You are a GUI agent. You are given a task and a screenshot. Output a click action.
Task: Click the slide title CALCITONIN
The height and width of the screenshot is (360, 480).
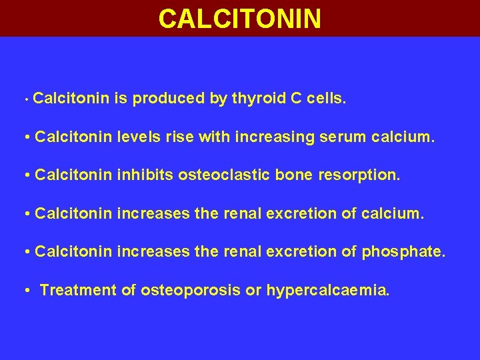(x=240, y=18)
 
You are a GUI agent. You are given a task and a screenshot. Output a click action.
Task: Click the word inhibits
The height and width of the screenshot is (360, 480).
(x=139, y=176)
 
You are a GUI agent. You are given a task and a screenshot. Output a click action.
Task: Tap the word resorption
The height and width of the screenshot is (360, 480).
(x=363, y=177)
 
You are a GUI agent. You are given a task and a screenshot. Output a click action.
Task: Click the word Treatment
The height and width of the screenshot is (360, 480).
(x=79, y=290)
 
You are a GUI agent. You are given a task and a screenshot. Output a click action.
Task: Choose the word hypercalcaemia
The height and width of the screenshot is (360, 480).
(x=327, y=291)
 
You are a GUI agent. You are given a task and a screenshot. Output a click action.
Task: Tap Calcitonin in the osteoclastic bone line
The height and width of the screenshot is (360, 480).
(x=73, y=176)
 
